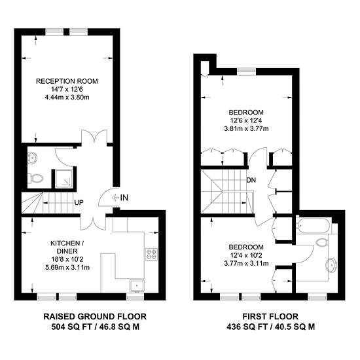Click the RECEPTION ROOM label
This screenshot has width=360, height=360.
coord(67,81)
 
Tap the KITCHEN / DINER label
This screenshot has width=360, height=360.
coord(67,247)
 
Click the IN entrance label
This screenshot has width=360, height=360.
coord(124,198)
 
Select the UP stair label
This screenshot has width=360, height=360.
coord(79,203)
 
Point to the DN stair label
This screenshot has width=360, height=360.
coord(251,180)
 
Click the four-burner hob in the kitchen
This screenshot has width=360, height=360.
coord(152,254)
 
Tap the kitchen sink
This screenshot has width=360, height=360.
coord(137,285)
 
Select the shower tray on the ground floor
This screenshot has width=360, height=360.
coord(64,178)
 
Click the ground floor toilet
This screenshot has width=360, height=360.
coord(35,179)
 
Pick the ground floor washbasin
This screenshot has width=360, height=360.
coord(31,158)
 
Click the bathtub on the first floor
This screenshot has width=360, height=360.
coord(314,225)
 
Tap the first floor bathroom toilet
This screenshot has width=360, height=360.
coord(321,242)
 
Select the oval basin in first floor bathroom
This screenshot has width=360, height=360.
coord(331,266)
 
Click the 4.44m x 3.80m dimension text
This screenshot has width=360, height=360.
coord(67,98)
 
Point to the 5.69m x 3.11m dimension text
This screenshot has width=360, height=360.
coord(67,268)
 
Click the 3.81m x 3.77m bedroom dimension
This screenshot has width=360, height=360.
coord(246,128)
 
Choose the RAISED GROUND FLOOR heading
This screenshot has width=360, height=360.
coord(95,317)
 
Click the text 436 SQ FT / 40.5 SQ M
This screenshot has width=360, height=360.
coord(271,327)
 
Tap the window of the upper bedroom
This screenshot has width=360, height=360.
coord(246,71)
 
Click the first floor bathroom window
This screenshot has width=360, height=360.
coord(317,298)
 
